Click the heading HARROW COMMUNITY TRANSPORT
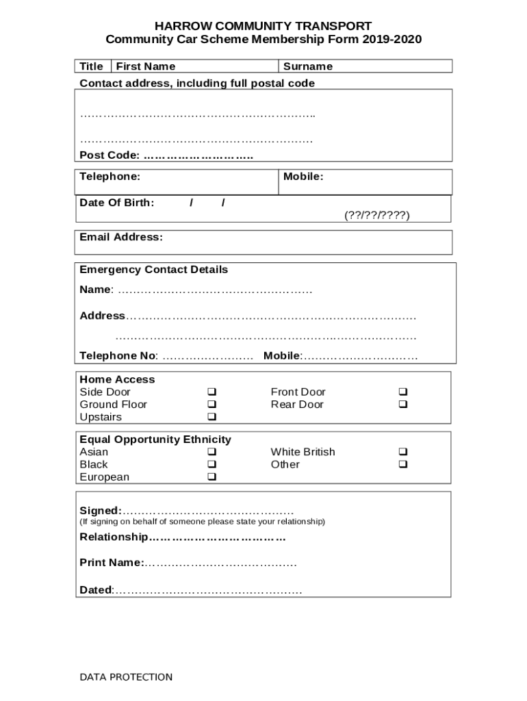pyautogui.click(x=263, y=26)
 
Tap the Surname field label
pyautogui.click(x=308, y=66)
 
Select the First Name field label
pyautogui.click(x=146, y=66)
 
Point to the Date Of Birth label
pyautogui.click(x=116, y=203)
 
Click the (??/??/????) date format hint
pyautogui.click(x=376, y=215)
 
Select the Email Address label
pyautogui.click(x=121, y=238)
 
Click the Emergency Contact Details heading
pyautogui.click(x=154, y=270)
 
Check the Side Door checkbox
pyautogui.click(x=212, y=392)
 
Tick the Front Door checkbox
pyautogui.click(x=403, y=392)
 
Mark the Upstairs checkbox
pyautogui.click(x=212, y=417)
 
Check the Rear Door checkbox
pyautogui.click(x=403, y=405)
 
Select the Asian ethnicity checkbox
pyautogui.click(x=212, y=453)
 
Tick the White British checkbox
pyautogui.click(x=403, y=453)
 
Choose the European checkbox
pyautogui.click(x=212, y=477)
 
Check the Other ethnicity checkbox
pyautogui.click(x=403, y=465)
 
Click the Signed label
pyautogui.click(x=101, y=511)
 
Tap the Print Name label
pyautogui.click(x=112, y=563)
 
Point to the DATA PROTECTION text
pyautogui.click(x=126, y=677)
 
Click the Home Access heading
pyautogui.click(x=117, y=379)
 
